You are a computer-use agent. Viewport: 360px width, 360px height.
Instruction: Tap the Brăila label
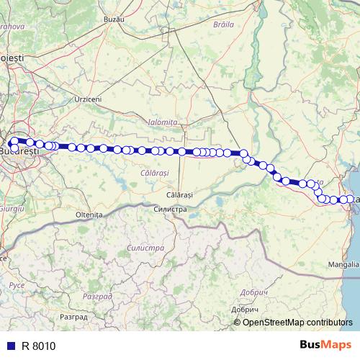tap(225, 24)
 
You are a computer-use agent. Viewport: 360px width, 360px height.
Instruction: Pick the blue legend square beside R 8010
tap(10, 346)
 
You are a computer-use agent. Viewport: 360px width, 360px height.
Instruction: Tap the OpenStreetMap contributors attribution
tap(298, 322)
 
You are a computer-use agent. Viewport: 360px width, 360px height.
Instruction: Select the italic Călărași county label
tap(154, 174)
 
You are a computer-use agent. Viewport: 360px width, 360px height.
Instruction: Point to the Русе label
tap(16, 286)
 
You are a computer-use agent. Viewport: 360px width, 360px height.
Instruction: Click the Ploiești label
tap(12, 57)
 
